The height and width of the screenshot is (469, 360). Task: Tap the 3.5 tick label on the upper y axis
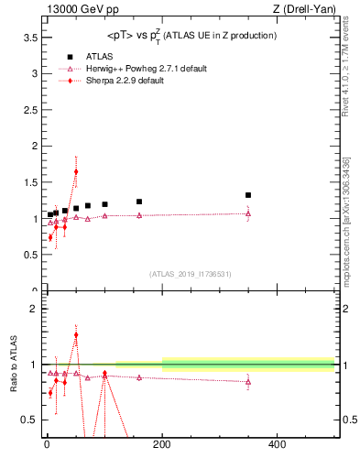pos(28,38)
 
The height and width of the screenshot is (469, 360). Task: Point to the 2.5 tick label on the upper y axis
pos(28,110)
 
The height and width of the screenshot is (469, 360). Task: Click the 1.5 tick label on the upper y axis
pos(28,182)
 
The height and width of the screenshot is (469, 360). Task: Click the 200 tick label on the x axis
pos(162,445)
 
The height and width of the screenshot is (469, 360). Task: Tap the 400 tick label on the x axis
pos(277,445)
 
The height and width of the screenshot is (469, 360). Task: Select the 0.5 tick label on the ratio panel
pos(28,420)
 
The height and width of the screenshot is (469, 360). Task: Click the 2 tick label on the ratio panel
pos(33,309)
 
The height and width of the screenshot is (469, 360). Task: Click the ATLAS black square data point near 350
pos(248,195)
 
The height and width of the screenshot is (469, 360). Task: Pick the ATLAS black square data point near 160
pos(139,202)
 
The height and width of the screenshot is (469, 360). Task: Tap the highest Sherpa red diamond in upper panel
pos(76,171)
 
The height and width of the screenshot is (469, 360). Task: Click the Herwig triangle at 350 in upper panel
pos(248,214)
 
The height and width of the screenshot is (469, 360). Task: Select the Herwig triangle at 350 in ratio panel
pos(248,382)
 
